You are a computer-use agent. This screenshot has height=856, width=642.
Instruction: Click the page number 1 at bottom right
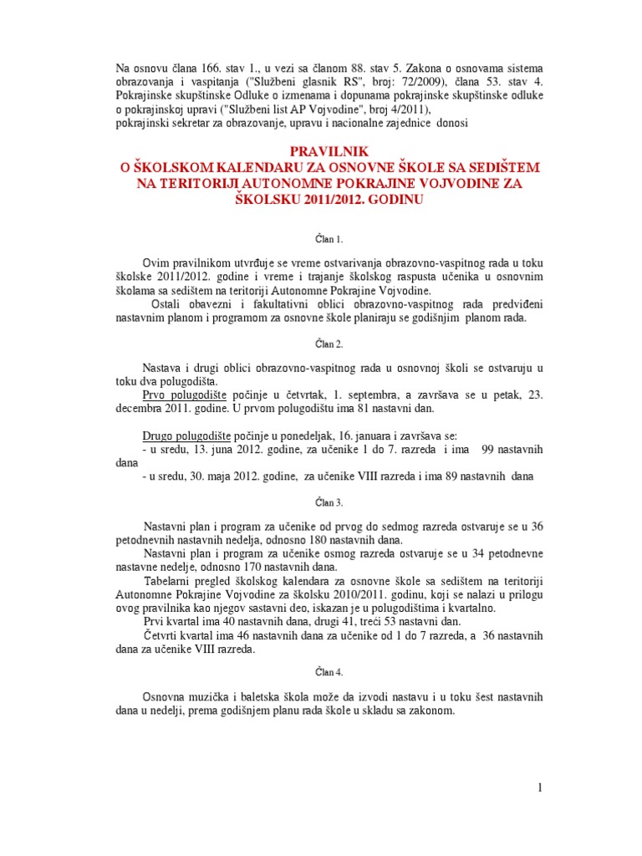pos(540,787)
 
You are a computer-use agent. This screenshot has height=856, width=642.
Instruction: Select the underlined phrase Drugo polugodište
pos(186,436)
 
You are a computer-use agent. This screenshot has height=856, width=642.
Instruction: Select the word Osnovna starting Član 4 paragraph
pos(166,696)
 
